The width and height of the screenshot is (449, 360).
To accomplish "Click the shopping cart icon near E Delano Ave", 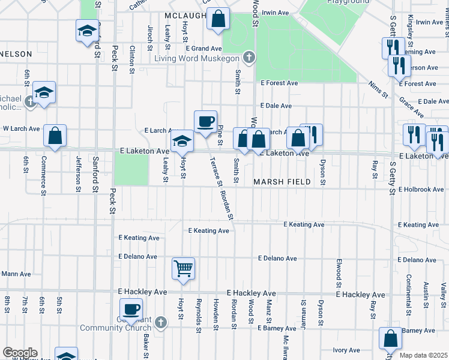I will pos(183,268).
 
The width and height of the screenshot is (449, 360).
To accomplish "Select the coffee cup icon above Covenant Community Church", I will pos(131,309).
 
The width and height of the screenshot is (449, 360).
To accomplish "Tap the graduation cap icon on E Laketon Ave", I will pos(182,141).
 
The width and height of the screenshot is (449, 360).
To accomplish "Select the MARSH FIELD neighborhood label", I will pos(282,182).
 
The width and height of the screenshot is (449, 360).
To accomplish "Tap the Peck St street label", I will pos(113,57).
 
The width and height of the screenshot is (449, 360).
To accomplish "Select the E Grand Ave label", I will pos(204,48).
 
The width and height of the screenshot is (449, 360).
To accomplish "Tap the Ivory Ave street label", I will pos(346,350).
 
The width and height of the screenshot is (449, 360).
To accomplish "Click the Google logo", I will pos(20,353).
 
